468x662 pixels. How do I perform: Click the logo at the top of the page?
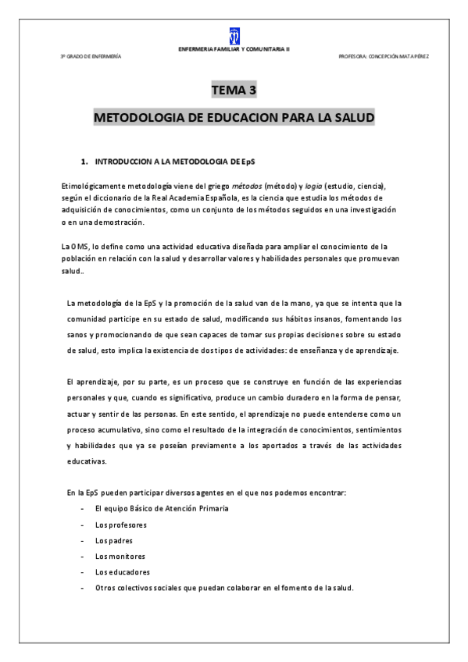click(234, 35)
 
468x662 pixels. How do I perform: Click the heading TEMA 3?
click(234, 91)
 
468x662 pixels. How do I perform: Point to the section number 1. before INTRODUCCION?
click(84, 162)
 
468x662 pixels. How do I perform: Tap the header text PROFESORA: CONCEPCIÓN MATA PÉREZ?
click(383, 56)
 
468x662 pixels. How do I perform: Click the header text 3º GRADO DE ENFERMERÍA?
click(91, 56)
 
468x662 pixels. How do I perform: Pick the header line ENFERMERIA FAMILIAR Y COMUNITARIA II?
click(234, 48)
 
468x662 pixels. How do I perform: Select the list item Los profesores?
click(120, 525)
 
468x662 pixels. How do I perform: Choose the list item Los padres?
click(113, 540)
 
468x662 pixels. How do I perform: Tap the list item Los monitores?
click(120, 556)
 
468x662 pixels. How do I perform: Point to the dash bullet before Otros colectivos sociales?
click(83, 587)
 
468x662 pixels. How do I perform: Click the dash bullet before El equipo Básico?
click(83, 509)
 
